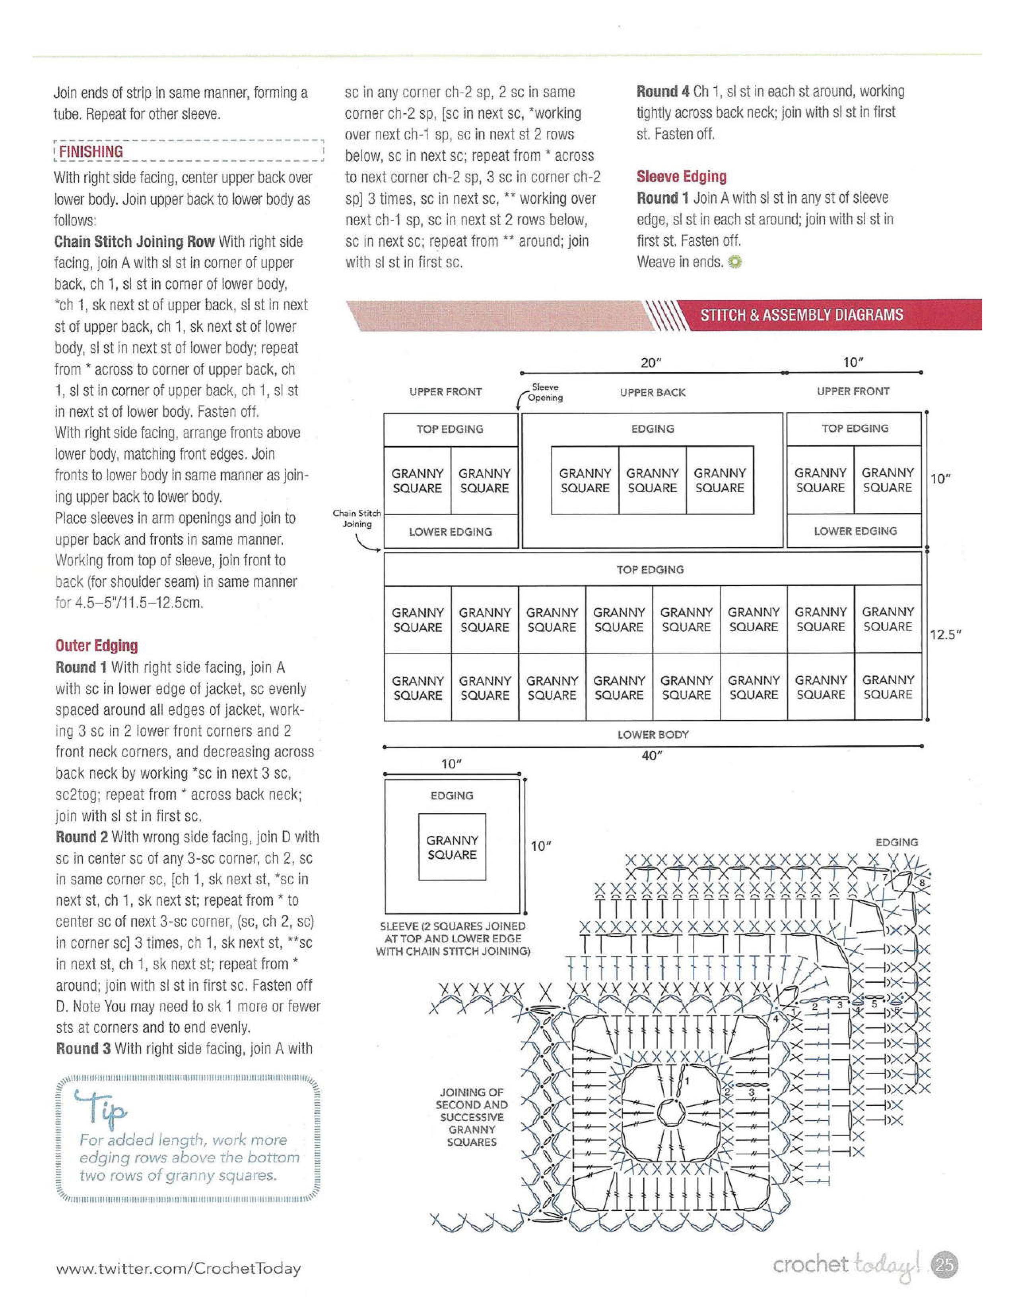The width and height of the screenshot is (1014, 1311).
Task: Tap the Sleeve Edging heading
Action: click(x=681, y=176)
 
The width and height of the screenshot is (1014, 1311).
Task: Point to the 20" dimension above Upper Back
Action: click(x=651, y=363)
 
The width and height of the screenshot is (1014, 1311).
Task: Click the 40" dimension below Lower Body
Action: click(x=652, y=756)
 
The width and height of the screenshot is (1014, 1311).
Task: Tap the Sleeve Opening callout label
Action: click(x=545, y=393)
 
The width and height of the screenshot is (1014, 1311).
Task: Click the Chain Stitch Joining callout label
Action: click(x=357, y=518)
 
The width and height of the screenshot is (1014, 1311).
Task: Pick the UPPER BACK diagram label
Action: click(x=653, y=393)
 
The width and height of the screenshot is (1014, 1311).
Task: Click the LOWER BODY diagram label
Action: click(x=653, y=734)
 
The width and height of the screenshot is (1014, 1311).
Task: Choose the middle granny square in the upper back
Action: click(x=653, y=480)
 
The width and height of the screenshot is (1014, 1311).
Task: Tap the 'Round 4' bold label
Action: click(x=662, y=91)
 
